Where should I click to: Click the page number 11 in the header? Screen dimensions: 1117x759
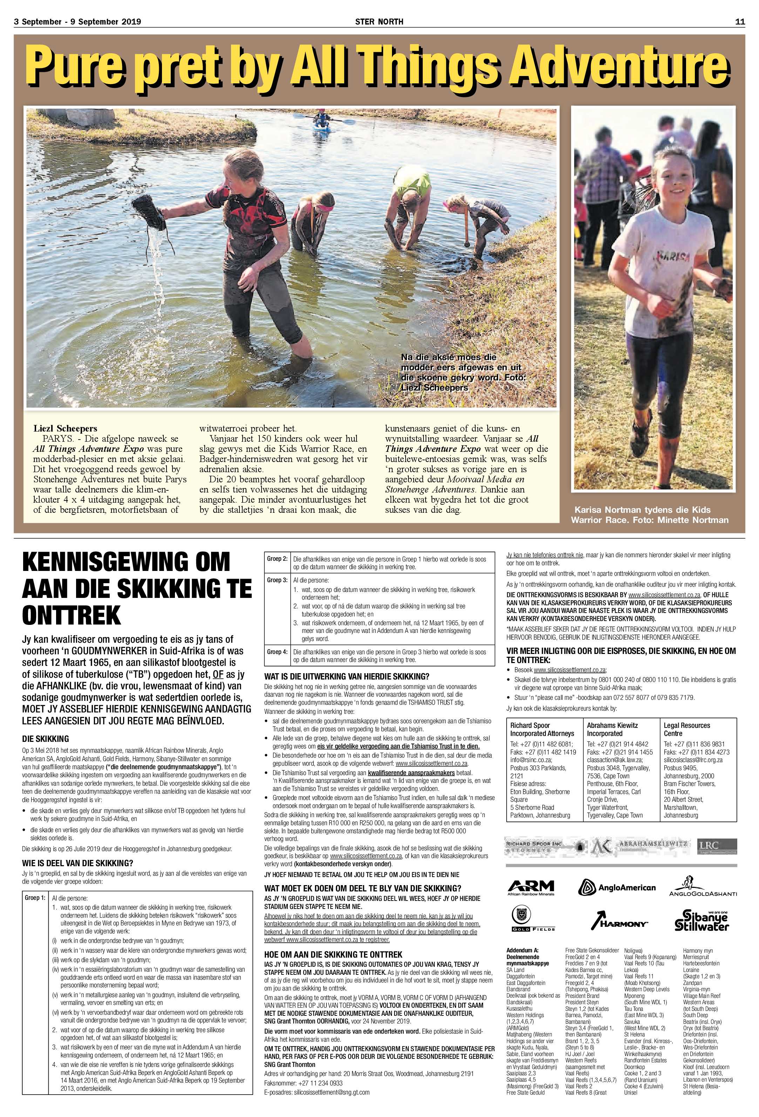[x=739, y=22]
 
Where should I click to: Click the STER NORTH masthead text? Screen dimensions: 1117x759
[x=379, y=22]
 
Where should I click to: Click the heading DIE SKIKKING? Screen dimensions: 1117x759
[x=46, y=739]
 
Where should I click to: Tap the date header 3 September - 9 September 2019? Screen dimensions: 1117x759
[x=77, y=22]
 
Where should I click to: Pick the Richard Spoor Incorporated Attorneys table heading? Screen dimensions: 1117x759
[x=542, y=729]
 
